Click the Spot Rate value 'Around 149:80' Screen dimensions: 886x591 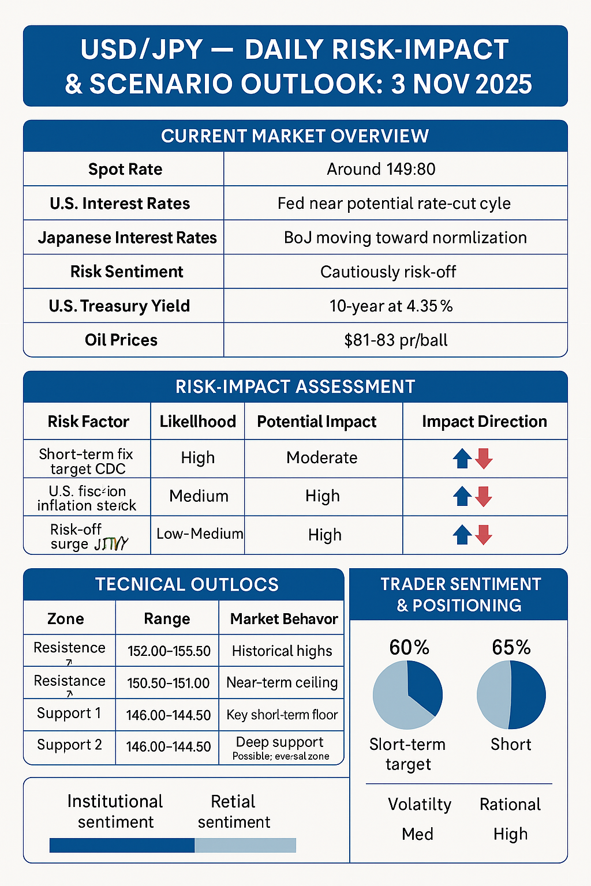[381, 169]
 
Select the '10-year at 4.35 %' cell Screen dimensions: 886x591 [391, 306]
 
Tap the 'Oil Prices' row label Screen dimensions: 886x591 [121, 340]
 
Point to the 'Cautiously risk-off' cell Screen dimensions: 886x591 [388, 272]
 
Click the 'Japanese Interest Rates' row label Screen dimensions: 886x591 [127, 238]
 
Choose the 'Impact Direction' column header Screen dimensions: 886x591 [484, 422]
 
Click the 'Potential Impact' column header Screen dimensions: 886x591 [317, 422]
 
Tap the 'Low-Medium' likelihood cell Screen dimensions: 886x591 [199, 534]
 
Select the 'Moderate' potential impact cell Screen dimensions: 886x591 [322, 457]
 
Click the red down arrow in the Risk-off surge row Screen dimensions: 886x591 [484, 535]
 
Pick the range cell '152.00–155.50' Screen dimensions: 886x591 [169, 651]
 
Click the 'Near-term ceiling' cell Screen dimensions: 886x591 [282, 682]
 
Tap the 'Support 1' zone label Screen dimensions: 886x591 [69, 714]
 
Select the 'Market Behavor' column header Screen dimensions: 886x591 [284, 619]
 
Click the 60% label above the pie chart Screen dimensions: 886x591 [409, 648]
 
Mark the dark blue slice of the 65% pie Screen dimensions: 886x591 [528, 695]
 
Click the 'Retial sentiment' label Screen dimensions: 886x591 [234, 812]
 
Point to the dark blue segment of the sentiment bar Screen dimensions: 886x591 [122, 845]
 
